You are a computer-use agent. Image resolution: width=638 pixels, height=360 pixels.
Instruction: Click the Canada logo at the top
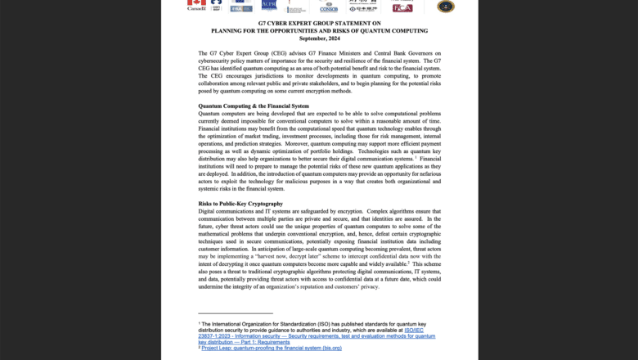[x=196, y=6]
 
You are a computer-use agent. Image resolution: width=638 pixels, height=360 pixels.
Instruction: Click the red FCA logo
[x=402, y=7]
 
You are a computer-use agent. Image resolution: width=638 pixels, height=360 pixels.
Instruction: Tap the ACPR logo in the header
[x=269, y=5]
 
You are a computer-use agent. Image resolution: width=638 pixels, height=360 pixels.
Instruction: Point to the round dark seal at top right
[x=446, y=6]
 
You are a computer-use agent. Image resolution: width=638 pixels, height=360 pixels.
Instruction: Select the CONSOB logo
[x=329, y=7]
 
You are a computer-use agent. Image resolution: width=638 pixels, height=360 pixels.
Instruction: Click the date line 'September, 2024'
[x=319, y=38]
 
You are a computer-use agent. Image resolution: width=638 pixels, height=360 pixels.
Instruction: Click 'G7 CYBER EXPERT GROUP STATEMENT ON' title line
[x=319, y=24]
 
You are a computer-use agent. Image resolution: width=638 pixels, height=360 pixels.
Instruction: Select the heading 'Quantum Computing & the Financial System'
[x=254, y=106]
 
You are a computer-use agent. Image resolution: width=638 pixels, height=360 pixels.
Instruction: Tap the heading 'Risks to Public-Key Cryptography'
[x=240, y=203]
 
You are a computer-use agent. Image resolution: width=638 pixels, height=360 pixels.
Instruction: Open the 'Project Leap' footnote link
[x=272, y=348]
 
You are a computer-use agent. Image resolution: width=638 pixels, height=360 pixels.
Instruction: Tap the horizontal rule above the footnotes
[x=236, y=313]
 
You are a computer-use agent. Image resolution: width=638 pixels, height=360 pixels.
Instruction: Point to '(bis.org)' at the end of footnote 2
[x=326, y=348]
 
